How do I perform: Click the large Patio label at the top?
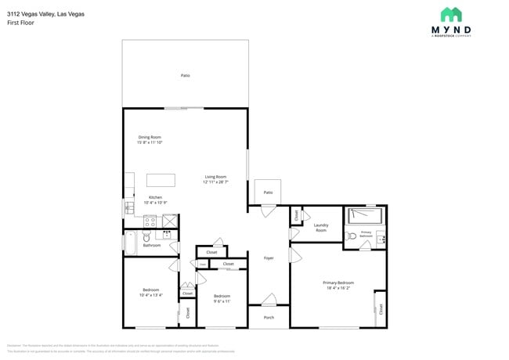(x=186, y=75)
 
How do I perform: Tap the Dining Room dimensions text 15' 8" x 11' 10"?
(x=150, y=142)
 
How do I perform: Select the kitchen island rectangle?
(x=161, y=180)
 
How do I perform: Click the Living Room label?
(x=216, y=177)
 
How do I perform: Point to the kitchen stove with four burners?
(x=150, y=221)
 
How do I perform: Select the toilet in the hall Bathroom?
(x=146, y=239)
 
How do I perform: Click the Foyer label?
(x=269, y=257)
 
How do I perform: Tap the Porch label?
(x=269, y=317)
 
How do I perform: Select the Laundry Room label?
(x=321, y=228)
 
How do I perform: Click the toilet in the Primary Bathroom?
(x=352, y=234)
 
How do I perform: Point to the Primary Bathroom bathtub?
(x=365, y=214)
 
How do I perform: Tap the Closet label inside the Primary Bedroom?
(x=381, y=309)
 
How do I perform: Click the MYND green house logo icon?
(x=450, y=15)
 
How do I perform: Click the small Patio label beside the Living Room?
(x=268, y=192)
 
